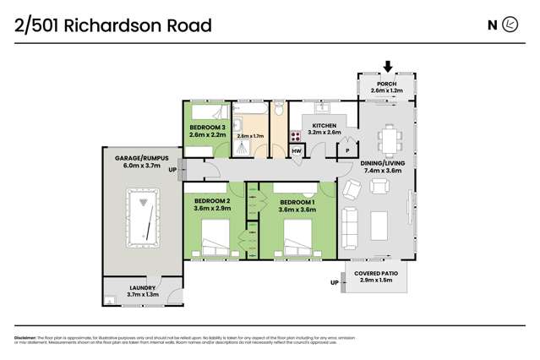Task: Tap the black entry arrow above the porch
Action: point(388,66)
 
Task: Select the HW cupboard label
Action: point(297,151)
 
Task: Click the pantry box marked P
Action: point(348,151)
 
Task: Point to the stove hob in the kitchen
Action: point(297,135)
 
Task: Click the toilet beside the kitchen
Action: point(279,112)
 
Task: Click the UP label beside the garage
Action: point(173,171)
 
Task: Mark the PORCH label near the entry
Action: point(388,85)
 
